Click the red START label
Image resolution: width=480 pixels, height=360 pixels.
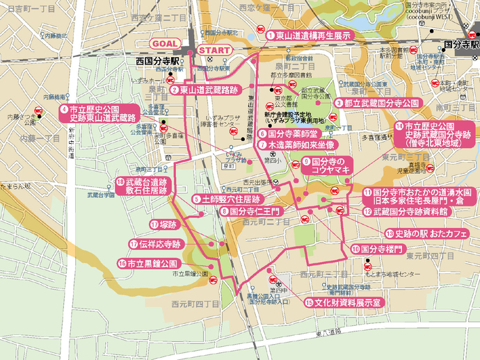click(215, 50)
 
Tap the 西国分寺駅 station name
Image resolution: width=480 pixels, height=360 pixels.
click(158, 62)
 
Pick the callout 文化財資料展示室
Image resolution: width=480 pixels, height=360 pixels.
click(343, 302)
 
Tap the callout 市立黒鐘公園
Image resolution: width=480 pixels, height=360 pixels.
click(149, 263)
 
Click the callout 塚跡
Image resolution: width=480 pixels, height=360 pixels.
click(163, 224)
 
